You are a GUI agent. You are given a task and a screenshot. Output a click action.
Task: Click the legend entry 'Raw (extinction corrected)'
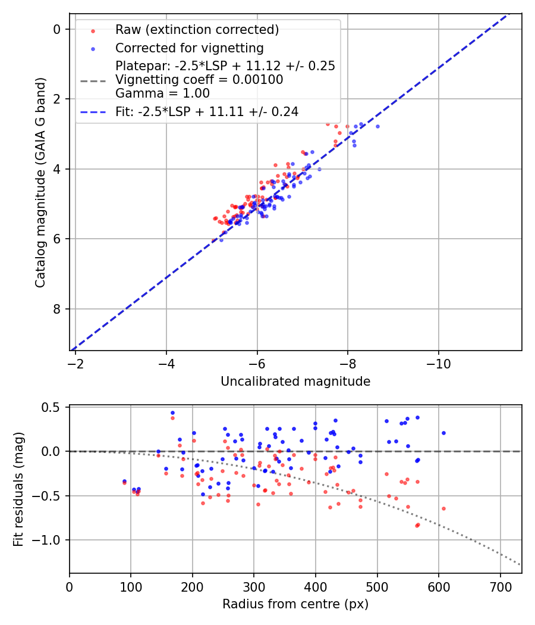pos(197,30)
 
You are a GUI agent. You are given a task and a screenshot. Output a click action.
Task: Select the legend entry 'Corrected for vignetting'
pos(189,48)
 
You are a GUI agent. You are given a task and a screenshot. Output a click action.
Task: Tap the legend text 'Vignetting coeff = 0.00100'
pos(199,80)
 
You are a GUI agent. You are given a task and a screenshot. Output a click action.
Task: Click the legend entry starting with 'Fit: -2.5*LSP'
pos(207,111)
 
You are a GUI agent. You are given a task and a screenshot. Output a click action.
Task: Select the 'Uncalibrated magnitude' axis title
pos(295,382)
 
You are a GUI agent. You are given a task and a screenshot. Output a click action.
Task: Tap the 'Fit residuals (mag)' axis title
pos(18,489)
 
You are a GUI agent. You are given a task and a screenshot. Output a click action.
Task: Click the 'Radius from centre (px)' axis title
pos(295,604)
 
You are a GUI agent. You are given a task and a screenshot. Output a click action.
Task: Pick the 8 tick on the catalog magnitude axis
pos(57,309)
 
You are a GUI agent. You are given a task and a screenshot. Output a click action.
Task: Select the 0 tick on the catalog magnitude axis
pos(57,29)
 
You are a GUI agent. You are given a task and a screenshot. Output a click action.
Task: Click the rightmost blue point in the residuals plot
pos(443,433)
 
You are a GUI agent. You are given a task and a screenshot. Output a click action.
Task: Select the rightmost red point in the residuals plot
pos(443,508)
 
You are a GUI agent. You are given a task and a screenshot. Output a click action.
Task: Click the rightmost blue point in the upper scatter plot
pos(377,126)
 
